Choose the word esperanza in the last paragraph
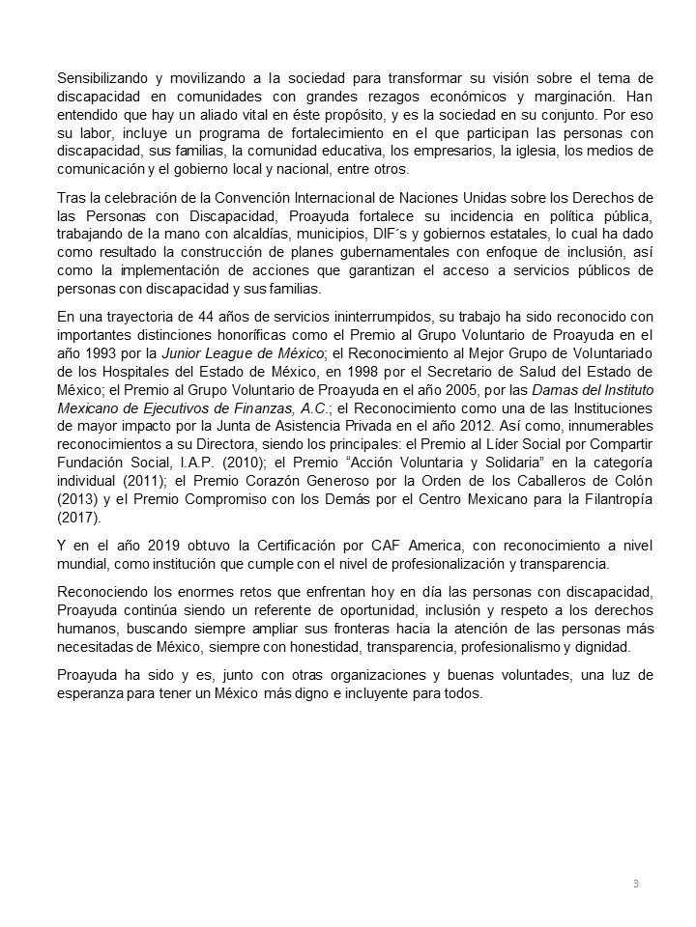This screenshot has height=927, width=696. pos(92,694)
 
